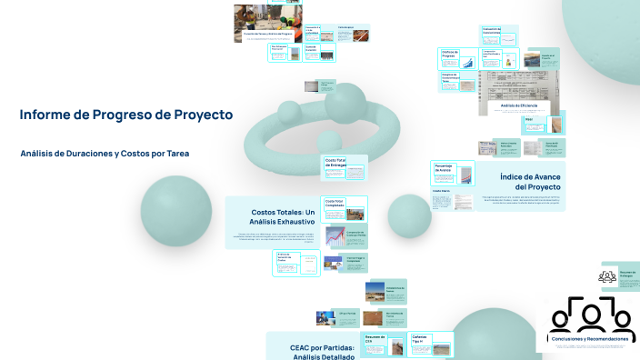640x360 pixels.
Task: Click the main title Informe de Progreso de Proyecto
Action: (x=126, y=115)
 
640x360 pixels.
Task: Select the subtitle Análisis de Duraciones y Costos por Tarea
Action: (x=105, y=153)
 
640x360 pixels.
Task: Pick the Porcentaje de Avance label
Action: (x=444, y=167)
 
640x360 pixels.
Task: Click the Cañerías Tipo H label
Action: (x=419, y=340)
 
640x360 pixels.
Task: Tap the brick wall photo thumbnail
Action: (x=373, y=319)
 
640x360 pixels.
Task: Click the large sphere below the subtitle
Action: (x=176, y=212)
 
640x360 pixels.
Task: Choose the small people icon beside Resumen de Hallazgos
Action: (x=608, y=275)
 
